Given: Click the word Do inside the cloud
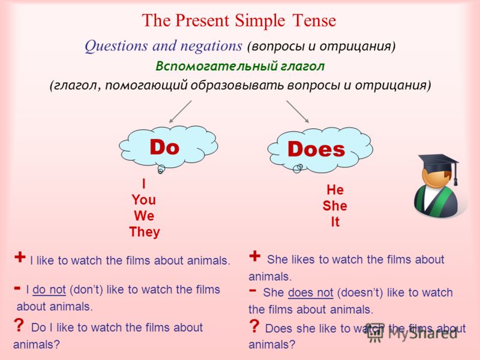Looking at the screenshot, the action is [x=164, y=147].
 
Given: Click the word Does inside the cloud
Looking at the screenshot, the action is [x=316, y=149].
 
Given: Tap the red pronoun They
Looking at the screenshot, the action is [x=145, y=232].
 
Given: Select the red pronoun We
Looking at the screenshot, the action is [x=144, y=216].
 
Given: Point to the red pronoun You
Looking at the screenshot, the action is [x=144, y=200].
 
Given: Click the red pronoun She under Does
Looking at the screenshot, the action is [x=335, y=206].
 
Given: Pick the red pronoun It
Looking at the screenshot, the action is [x=335, y=221].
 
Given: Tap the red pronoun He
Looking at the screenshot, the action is [x=335, y=190].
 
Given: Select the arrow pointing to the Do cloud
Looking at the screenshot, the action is [x=181, y=112].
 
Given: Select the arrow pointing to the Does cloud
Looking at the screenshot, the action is [x=298, y=112].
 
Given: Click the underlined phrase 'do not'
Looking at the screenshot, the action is [x=49, y=290].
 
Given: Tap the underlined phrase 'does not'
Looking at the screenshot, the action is [x=310, y=293].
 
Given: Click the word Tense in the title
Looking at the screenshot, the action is [x=314, y=20].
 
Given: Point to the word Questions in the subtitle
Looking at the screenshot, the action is [x=116, y=47].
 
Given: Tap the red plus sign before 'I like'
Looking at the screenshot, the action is [x=20, y=257].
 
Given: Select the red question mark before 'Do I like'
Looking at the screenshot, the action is [x=19, y=325].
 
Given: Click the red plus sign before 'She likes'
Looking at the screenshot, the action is [x=254, y=256].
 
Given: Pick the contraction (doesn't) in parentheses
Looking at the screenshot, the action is [x=360, y=293].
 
